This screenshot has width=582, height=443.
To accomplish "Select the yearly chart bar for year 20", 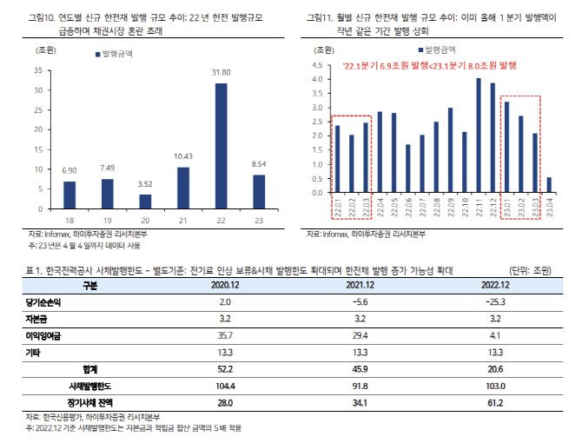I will (146, 202).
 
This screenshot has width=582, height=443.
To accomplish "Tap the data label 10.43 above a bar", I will (183, 155).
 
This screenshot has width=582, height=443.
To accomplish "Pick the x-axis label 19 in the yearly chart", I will (108, 221).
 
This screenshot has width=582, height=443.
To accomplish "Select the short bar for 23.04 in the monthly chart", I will (550, 182).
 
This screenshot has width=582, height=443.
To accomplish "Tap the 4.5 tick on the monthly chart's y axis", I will (317, 65).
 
